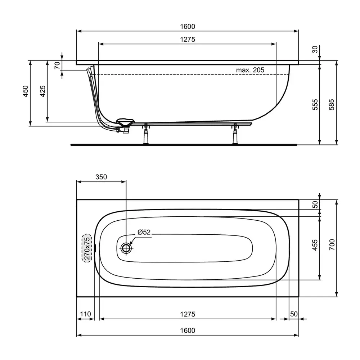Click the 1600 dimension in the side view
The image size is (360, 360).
pos(188,27)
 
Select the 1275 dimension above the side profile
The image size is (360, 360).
pos(188,40)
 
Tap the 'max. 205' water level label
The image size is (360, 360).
pos(250,70)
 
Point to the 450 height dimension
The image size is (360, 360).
pos(26,91)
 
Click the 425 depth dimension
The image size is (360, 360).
pos(42,91)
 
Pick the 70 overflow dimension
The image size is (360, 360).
pos(57,66)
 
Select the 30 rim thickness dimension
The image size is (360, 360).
pos(315,49)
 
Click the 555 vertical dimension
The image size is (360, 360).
pos(315,105)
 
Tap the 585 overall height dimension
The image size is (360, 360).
pos(332,105)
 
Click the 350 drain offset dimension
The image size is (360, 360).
pos(101,177)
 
